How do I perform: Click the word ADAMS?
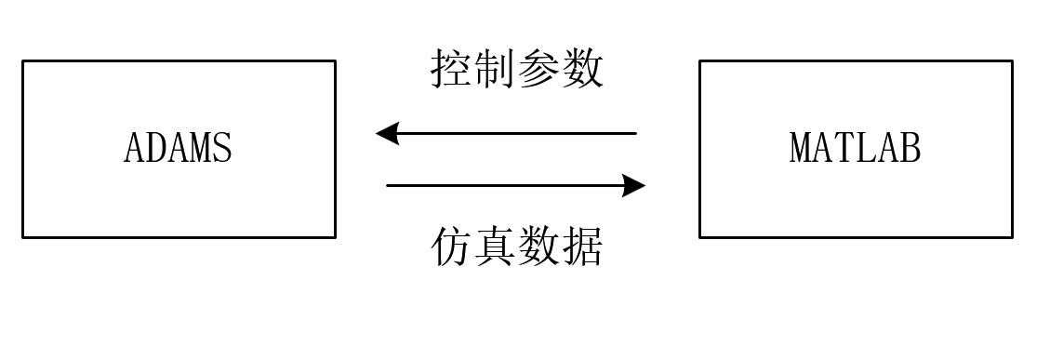(178, 149)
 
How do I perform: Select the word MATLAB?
(855, 149)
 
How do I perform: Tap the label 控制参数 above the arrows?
(517, 70)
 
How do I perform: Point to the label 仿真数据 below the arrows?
(517, 247)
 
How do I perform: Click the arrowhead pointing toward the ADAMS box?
(386, 133)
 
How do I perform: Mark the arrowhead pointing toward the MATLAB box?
(635, 185)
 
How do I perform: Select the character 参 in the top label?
(539, 70)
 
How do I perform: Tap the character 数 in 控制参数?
(583, 70)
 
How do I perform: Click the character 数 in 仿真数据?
(539, 247)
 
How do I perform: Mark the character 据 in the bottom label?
(583, 247)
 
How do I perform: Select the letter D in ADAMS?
(155, 149)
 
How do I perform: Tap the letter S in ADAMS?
(222, 149)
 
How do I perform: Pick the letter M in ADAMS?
(200, 149)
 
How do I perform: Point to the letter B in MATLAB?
(910, 149)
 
